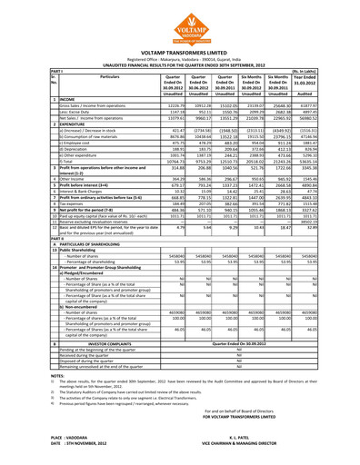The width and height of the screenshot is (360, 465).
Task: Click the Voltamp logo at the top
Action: tap(180, 22)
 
